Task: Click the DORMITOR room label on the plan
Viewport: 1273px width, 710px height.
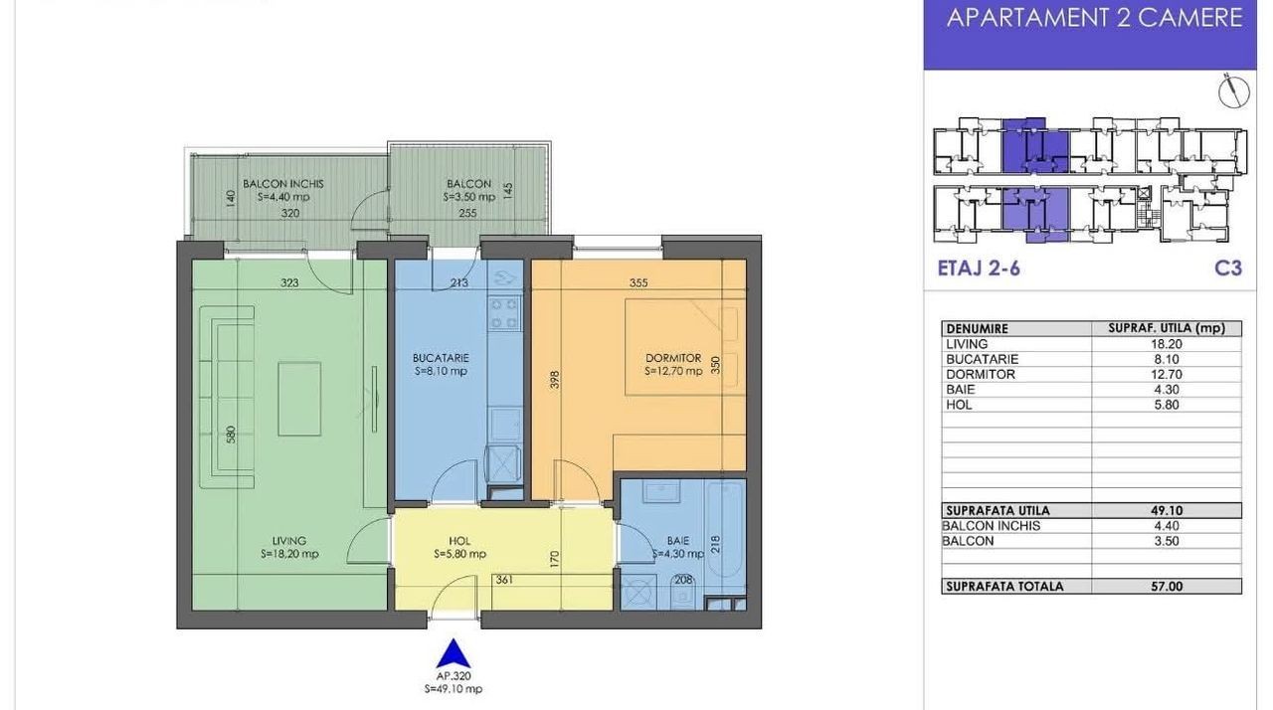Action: [x=673, y=358]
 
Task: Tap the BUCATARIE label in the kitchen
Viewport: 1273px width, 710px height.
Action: [x=441, y=358]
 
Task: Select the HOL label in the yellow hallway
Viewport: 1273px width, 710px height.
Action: [x=459, y=541]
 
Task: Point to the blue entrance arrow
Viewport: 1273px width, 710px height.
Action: [x=453, y=653]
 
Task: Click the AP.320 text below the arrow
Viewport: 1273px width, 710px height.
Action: [x=454, y=676]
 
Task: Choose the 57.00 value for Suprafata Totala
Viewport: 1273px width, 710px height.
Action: [x=1167, y=586]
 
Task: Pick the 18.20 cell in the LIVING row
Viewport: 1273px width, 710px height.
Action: [x=1167, y=344]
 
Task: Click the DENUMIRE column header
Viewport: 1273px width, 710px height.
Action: [x=977, y=329]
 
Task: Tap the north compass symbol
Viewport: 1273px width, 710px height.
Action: [x=1234, y=90]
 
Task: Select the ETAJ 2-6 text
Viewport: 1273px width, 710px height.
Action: [x=979, y=268]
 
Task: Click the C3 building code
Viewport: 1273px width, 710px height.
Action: [x=1228, y=268]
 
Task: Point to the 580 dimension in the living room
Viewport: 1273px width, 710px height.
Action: [x=231, y=435]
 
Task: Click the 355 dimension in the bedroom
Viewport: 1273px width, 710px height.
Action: [x=638, y=282]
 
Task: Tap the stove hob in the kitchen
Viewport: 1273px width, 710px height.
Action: [x=504, y=313]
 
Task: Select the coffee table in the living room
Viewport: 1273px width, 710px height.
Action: [x=299, y=399]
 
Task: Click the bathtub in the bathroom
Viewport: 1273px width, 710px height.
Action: [x=725, y=529]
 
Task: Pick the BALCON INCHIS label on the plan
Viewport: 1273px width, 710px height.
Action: [x=283, y=183]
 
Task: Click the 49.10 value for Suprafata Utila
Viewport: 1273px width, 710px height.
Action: [x=1167, y=510]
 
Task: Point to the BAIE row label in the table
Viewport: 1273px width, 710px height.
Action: [x=961, y=390]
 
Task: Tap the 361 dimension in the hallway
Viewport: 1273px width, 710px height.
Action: [x=504, y=580]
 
